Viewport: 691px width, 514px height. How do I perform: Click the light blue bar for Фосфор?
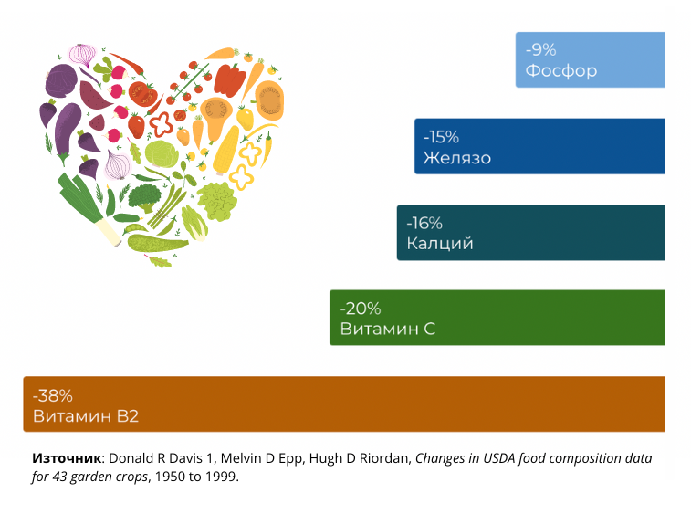(x=590, y=59)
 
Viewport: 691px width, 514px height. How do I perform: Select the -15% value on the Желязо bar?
(x=441, y=137)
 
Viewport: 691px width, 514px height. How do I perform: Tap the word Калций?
(x=440, y=244)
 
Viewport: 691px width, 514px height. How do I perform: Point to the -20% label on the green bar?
(x=361, y=309)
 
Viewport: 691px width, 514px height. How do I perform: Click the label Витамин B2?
(x=86, y=416)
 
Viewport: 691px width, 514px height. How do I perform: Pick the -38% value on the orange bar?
(x=53, y=396)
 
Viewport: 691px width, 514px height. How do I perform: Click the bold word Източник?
(x=67, y=458)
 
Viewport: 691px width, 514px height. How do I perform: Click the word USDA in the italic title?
(x=499, y=458)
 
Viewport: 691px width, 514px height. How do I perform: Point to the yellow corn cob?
(x=226, y=150)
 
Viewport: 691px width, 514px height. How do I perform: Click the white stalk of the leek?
(x=110, y=231)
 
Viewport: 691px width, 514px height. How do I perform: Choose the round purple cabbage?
(x=61, y=80)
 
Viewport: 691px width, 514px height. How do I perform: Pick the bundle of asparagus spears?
(x=166, y=206)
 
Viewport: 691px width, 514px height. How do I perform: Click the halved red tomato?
(x=142, y=94)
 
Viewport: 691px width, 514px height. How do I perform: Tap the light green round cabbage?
(x=162, y=153)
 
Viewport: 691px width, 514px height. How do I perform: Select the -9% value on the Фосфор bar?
(x=540, y=50)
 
